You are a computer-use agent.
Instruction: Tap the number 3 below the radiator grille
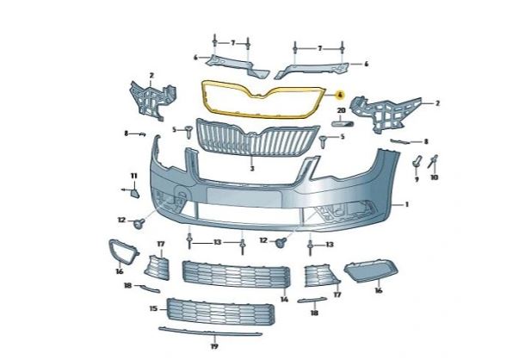(x=251, y=170)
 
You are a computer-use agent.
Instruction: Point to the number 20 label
(x=340, y=111)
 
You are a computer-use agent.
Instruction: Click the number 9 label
(x=417, y=179)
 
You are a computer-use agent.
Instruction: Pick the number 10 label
(x=434, y=177)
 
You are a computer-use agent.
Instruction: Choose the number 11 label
(x=133, y=177)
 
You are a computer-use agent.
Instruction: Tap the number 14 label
(x=284, y=300)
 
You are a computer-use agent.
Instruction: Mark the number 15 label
(x=153, y=307)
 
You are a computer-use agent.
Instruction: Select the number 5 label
(x=174, y=129)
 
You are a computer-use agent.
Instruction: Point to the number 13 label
(x=218, y=241)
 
